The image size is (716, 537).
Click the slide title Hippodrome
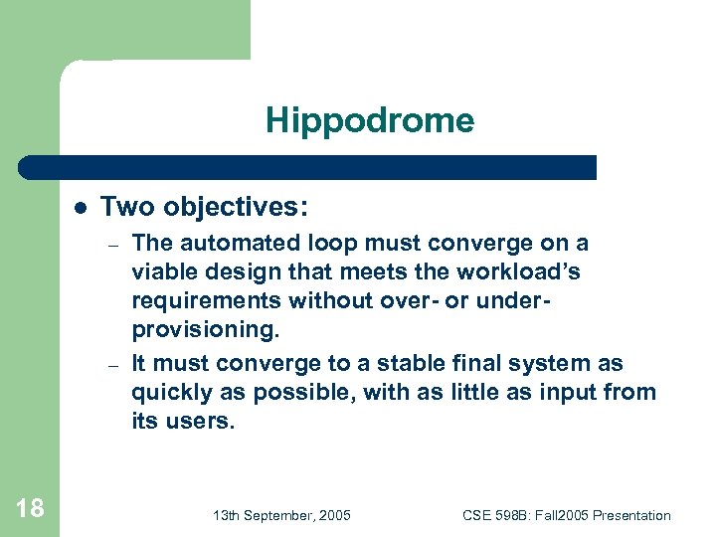(369, 121)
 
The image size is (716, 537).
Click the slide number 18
(30, 508)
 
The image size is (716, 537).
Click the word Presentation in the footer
(631, 515)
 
